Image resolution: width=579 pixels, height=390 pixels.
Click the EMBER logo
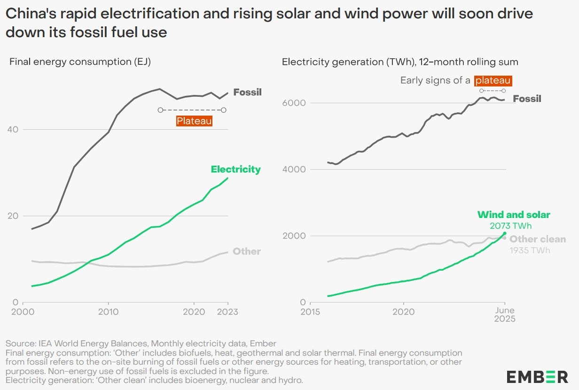pyautogui.click(x=537, y=376)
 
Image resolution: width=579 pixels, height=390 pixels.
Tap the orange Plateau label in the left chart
pyautogui.click(x=194, y=121)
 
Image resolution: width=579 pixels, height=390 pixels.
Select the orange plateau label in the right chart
pyautogui.click(x=493, y=80)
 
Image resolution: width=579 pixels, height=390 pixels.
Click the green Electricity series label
pyautogui.click(x=235, y=169)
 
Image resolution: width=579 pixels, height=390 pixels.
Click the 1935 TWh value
pyautogui.click(x=530, y=250)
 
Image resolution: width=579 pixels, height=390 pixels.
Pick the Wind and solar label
pyautogui.click(x=514, y=215)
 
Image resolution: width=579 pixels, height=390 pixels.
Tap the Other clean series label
pyautogui.click(x=538, y=239)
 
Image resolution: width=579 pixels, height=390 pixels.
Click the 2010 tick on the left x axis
pyautogui.click(x=108, y=312)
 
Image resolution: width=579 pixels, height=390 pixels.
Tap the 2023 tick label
pyautogui.click(x=228, y=312)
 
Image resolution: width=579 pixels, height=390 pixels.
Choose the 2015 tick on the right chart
pyautogui.click(x=310, y=312)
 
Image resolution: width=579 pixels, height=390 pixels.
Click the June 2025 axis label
pyautogui.click(x=505, y=314)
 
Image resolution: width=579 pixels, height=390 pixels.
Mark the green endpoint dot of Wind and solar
pyautogui.click(x=505, y=234)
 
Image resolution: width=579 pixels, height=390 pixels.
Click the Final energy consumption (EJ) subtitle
pyautogui.click(x=80, y=62)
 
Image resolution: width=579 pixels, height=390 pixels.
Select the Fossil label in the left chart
pyautogui.click(x=247, y=92)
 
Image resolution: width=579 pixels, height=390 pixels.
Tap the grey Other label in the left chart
pyautogui.click(x=247, y=251)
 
